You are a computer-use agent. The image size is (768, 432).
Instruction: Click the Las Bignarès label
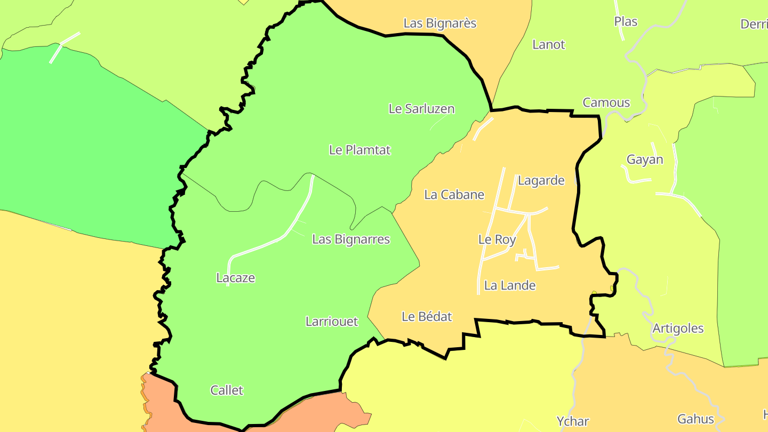pos(439,23)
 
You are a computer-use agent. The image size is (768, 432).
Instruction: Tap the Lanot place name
pos(548,45)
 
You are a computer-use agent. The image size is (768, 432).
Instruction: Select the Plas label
pos(626,21)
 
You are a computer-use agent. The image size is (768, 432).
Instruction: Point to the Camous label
pos(606,103)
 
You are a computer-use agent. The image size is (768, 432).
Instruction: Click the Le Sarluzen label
pos(421,109)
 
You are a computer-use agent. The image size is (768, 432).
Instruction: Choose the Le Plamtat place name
pos(359,150)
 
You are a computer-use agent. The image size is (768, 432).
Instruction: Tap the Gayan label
pos(644,159)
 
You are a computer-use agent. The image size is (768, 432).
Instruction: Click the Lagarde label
pos(541,181)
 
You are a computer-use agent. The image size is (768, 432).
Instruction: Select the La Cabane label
pos(454,195)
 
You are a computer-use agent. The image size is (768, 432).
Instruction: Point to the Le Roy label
pos(497,239)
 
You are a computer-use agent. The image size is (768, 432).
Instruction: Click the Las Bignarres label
pos(350,239)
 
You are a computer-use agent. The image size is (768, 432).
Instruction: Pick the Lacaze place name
pos(235,278)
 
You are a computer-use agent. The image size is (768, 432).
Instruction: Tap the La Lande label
pos(509,286)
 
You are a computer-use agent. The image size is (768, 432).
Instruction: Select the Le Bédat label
pos(426,317)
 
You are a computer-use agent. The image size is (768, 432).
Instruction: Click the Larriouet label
pos(331,322)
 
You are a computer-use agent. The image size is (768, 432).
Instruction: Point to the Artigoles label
pos(677,329)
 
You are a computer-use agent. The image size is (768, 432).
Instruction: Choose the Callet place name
pos(227,390)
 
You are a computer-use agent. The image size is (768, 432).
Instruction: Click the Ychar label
pos(572,421)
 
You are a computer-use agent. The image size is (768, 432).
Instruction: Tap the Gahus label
pos(695,419)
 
